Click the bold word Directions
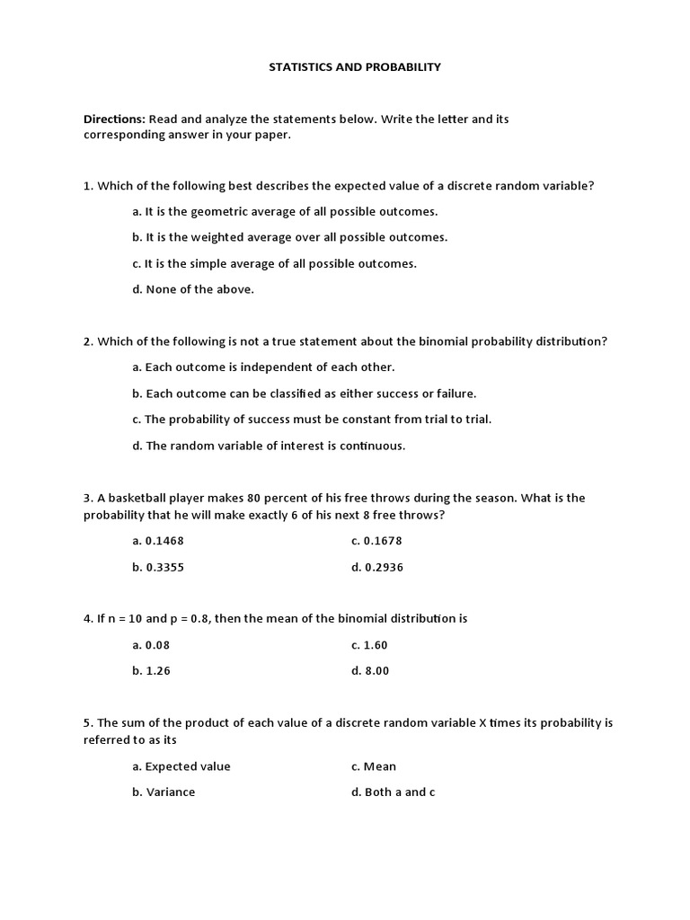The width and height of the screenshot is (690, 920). pyautogui.click(x=114, y=119)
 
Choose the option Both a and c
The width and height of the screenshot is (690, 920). pyautogui.click(x=393, y=792)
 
